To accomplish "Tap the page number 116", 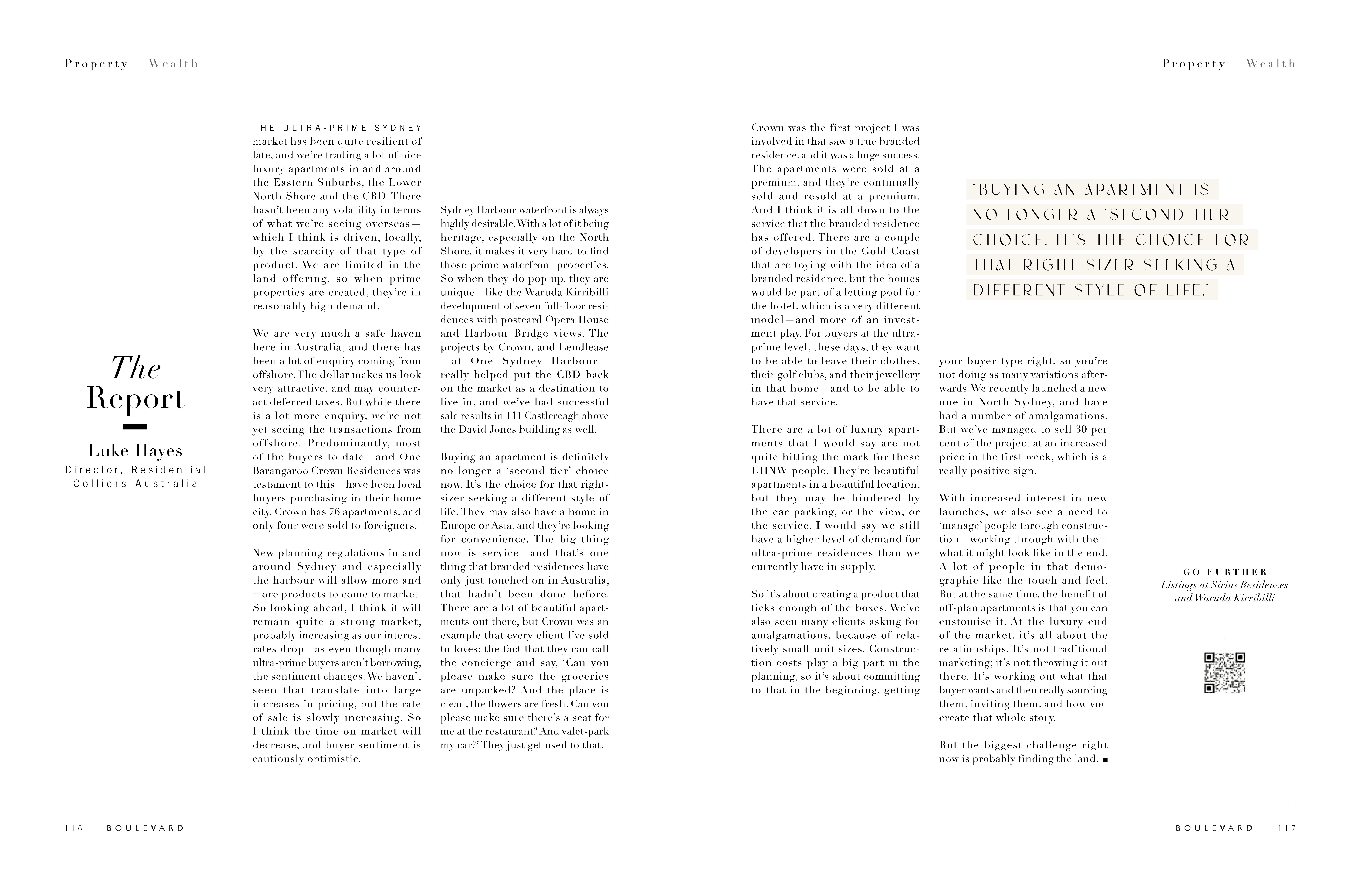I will click(x=74, y=828).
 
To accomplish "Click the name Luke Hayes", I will click(x=135, y=451).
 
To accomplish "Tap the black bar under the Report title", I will click(x=135, y=426).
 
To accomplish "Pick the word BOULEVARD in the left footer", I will click(x=145, y=828).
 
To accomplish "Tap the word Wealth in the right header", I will click(x=1271, y=64).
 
